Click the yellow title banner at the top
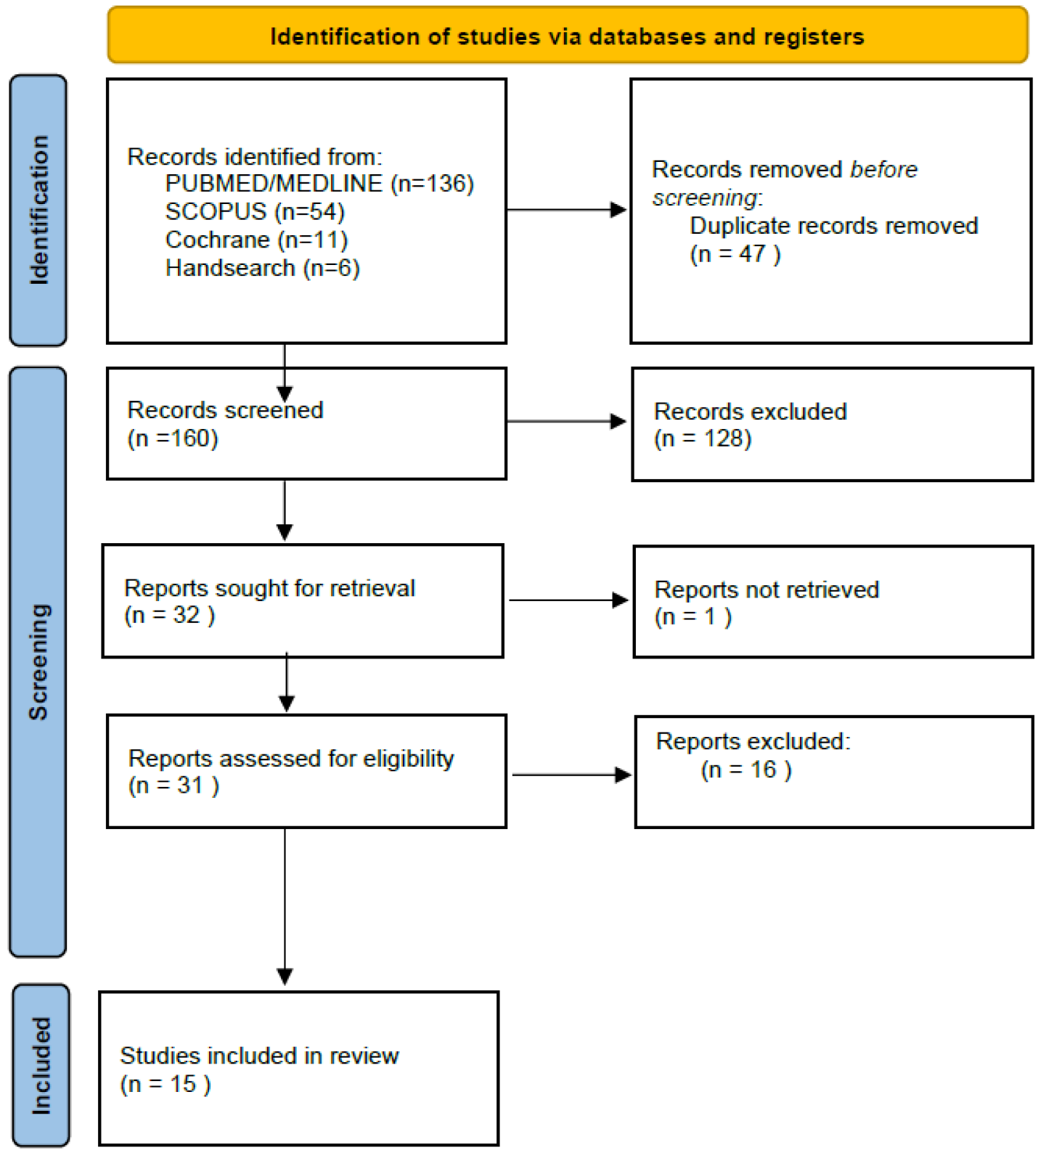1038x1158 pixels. pyautogui.click(x=567, y=36)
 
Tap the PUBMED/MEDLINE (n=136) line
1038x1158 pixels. pyautogui.click(x=319, y=184)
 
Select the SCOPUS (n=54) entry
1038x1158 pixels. pyautogui.click(x=255, y=211)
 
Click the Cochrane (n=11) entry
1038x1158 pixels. pyautogui.click(x=256, y=240)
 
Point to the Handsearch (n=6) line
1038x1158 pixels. pyautogui.click(x=262, y=268)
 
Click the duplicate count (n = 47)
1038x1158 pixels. pyautogui.click(x=735, y=254)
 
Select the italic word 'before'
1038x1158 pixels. pyautogui.click(x=883, y=169)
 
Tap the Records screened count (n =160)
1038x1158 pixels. pyautogui.click(x=173, y=439)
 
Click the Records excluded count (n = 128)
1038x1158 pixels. pyautogui.click(x=703, y=439)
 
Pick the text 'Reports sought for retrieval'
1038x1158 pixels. pyautogui.click(x=269, y=588)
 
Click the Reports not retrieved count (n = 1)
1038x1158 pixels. pyautogui.click(x=692, y=616)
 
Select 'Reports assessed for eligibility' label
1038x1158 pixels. pyautogui.click(x=291, y=759)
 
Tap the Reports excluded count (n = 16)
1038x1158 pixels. pyautogui.click(x=745, y=770)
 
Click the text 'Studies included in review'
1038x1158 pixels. pyautogui.click(x=259, y=1056)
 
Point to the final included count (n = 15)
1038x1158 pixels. pyautogui.click(x=165, y=1084)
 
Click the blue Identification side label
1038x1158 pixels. pyautogui.click(x=38, y=210)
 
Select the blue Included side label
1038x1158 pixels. pyautogui.click(x=41, y=1065)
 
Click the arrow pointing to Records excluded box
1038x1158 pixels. pyautogui.click(x=566, y=421)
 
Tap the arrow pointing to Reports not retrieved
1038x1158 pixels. pyautogui.click(x=568, y=600)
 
